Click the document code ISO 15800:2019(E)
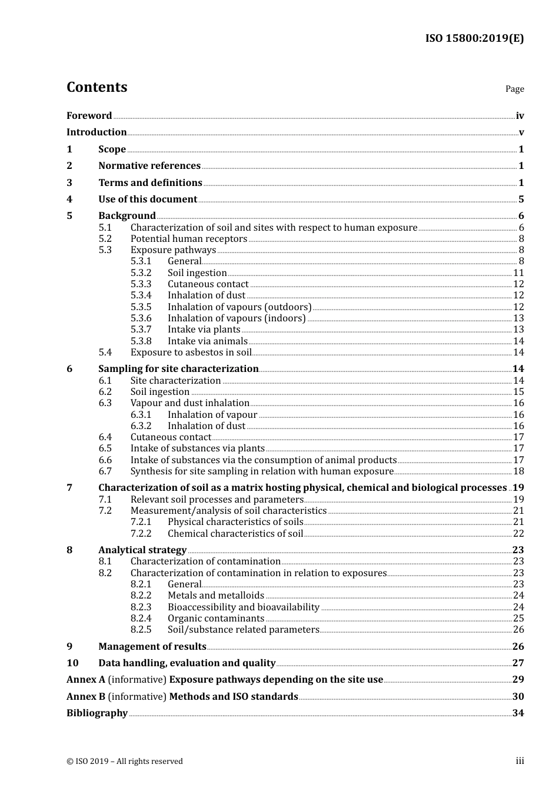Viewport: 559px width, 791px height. (x=474, y=39)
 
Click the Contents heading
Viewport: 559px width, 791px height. (x=97, y=87)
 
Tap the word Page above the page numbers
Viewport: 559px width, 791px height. (x=514, y=89)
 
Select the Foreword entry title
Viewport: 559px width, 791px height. (x=89, y=116)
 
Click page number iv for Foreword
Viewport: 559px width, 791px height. (x=520, y=116)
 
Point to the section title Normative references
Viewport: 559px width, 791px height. (x=149, y=166)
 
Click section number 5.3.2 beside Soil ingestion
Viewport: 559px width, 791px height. (x=141, y=273)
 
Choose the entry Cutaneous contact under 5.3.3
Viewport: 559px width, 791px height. (x=208, y=284)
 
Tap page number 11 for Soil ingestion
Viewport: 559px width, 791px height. (x=518, y=273)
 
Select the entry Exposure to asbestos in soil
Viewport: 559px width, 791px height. (x=191, y=353)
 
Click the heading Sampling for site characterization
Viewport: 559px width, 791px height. (x=178, y=369)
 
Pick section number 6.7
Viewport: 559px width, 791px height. (x=105, y=471)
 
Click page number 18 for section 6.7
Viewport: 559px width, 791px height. (x=518, y=471)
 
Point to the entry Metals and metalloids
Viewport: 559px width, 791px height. (x=215, y=596)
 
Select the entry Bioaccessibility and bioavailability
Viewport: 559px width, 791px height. (x=243, y=607)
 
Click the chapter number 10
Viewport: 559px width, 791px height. (x=72, y=663)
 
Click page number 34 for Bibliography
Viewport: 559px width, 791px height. (x=518, y=713)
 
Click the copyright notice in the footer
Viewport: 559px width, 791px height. (x=125, y=762)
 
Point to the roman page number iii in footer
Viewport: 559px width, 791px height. (x=520, y=761)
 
